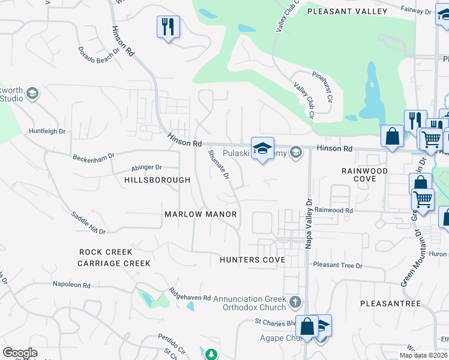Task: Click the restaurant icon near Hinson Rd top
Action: click(168, 27)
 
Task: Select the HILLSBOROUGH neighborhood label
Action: click(157, 180)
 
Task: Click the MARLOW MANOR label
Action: click(201, 214)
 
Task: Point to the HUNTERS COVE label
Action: click(252, 260)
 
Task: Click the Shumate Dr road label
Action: click(218, 164)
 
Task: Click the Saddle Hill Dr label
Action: click(88, 223)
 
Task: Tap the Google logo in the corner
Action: click(20, 353)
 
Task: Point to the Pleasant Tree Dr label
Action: click(338, 265)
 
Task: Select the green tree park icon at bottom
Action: click(211, 355)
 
